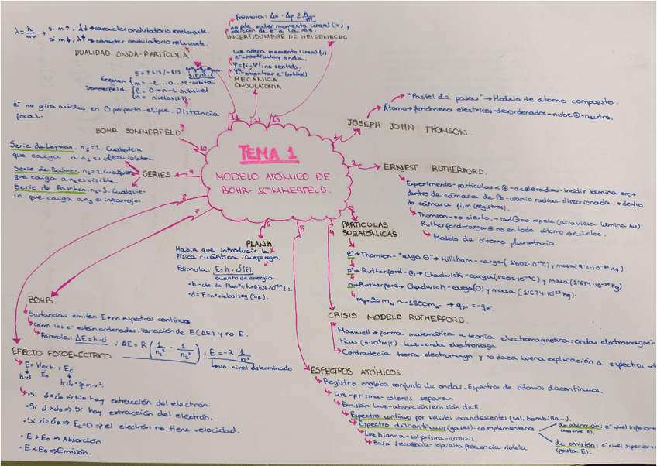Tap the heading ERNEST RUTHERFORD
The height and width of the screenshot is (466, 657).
pos(434,168)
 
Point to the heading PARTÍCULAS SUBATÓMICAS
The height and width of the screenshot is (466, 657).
pos(370,228)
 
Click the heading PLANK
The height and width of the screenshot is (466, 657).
pos(258,241)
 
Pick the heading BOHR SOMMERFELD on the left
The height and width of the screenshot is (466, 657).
pos(137,131)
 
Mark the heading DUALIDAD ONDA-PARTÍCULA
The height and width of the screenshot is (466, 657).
pos(132,54)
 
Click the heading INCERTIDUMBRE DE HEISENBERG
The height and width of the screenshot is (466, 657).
pos(291,36)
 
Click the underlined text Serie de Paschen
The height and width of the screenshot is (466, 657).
pos(36,188)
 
